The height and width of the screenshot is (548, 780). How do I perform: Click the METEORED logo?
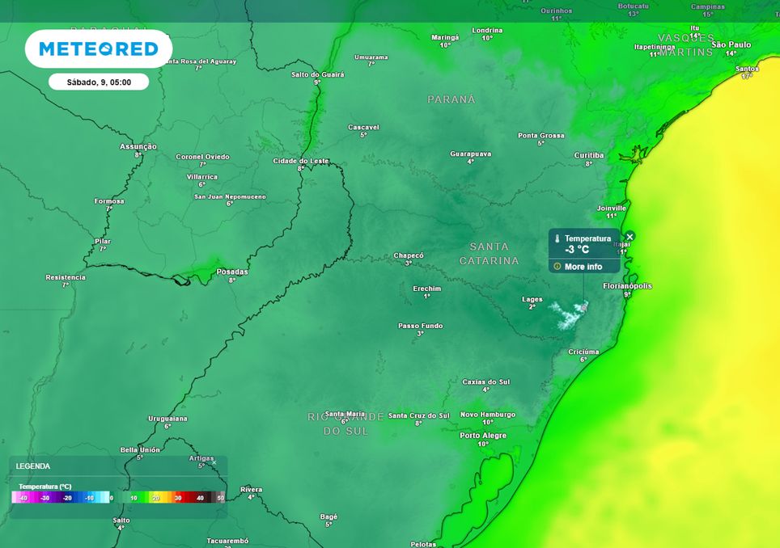pos(98,49)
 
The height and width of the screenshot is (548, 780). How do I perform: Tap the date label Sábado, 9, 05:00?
pos(98,82)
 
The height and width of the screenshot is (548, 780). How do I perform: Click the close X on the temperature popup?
pos(630,236)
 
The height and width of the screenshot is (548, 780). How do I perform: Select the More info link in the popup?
pos(583,267)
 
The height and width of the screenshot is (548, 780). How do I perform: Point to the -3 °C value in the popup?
pos(577,250)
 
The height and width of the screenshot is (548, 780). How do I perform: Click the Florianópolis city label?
pos(627,286)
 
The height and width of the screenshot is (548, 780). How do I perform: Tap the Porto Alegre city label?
pos(483,435)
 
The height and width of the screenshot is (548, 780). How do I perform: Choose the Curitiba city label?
pos(589,154)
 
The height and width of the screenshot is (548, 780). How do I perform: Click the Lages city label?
pos(532,299)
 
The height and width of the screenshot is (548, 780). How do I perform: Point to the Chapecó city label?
pos(409,255)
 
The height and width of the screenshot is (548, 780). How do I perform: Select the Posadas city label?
pos(232,272)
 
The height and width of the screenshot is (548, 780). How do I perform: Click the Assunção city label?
pos(138,146)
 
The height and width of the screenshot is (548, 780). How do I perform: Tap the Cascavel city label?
pos(363,127)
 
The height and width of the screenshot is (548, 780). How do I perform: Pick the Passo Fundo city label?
pos(421,325)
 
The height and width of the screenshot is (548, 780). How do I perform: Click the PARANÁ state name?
pos(451,99)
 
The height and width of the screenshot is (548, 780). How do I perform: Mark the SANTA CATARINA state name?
pos(490,253)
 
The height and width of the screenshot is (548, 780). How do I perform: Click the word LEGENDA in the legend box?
pos(33,466)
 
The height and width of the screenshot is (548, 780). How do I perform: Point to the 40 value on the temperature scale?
pos(199,498)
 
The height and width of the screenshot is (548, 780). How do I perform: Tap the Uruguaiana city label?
pos(167,418)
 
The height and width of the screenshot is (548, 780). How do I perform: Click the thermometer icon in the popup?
pos(557,239)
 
